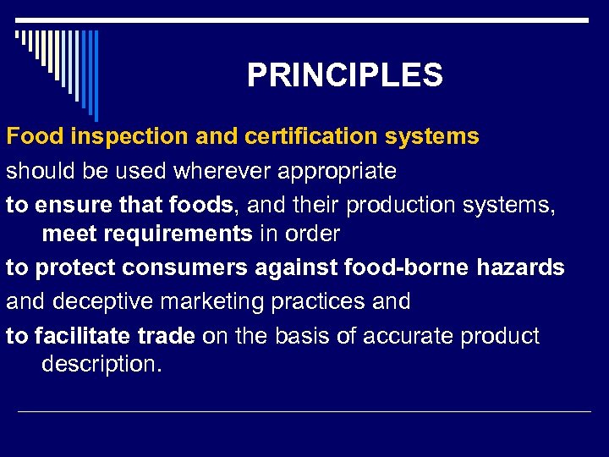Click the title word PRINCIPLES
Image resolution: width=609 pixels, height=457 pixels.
344,76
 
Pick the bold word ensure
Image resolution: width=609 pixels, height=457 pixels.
70,205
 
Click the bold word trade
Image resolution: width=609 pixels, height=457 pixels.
167,336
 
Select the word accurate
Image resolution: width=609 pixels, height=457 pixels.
406,336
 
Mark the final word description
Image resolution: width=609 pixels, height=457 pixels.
101,364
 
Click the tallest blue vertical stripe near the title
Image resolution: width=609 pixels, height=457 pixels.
96,74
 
